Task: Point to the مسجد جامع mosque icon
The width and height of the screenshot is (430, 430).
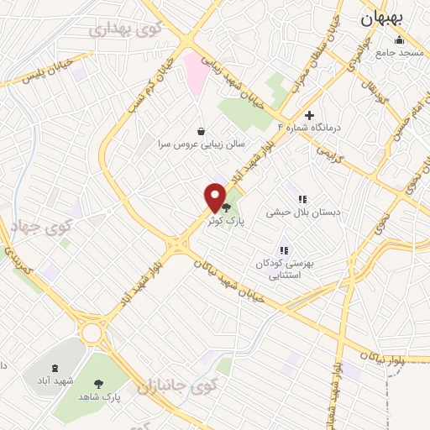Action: coord(398,40)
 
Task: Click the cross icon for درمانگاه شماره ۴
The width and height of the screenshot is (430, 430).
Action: coord(309,115)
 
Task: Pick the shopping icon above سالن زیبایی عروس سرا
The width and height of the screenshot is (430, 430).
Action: coord(201,131)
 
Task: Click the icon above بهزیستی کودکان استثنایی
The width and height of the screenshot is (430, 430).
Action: coord(284,249)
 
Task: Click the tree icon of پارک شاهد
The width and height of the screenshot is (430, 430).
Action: coord(100,382)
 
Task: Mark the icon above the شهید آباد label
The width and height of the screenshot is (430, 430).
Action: coord(55,368)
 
